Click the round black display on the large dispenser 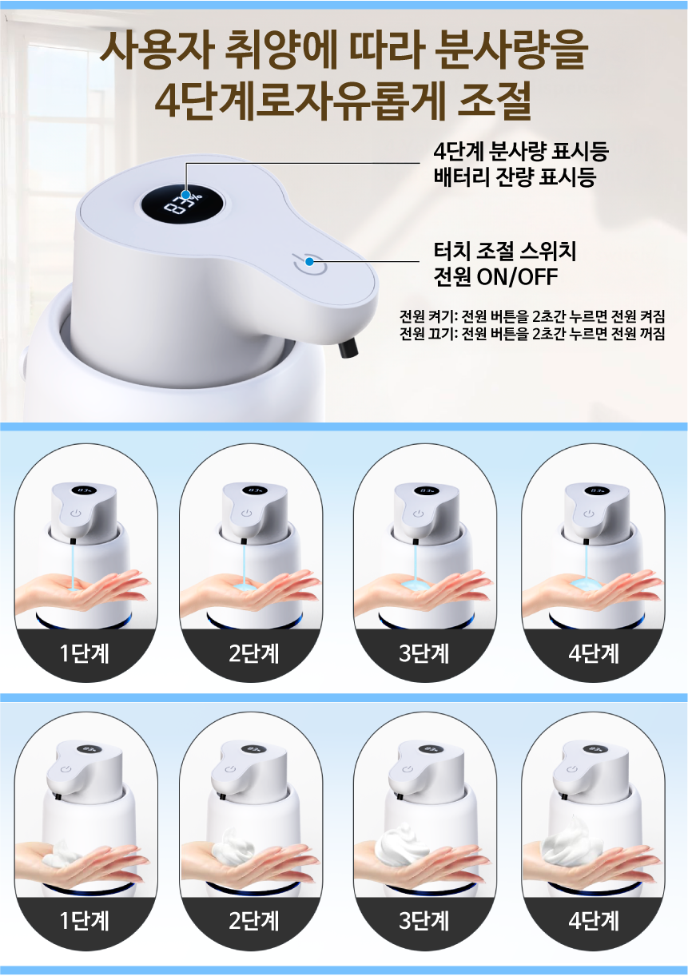pyautogui.click(x=183, y=203)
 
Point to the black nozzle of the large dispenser pyautogui.click(x=348, y=348)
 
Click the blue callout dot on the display pyautogui.click(x=186, y=195)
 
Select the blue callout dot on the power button pyautogui.click(x=309, y=261)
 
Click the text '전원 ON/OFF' pyautogui.click(x=495, y=276)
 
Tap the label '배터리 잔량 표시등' pyautogui.click(x=515, y=177)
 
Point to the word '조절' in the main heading pyautogui.click(x=495, y=100)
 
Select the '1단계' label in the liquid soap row pyautogui.click(x=84, y=653)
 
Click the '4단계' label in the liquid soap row pyautogui.click(x=593, y=653)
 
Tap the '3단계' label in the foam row pyautogui.click(x=424, y=921)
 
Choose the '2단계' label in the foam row pyautogui.click(x=254, y=921)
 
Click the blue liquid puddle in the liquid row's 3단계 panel pyautogui.click(x=416, y=585)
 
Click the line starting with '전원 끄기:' pyautogui.click(x=532, y=334)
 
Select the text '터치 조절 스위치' pyautogui.click(x=505, y=252)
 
